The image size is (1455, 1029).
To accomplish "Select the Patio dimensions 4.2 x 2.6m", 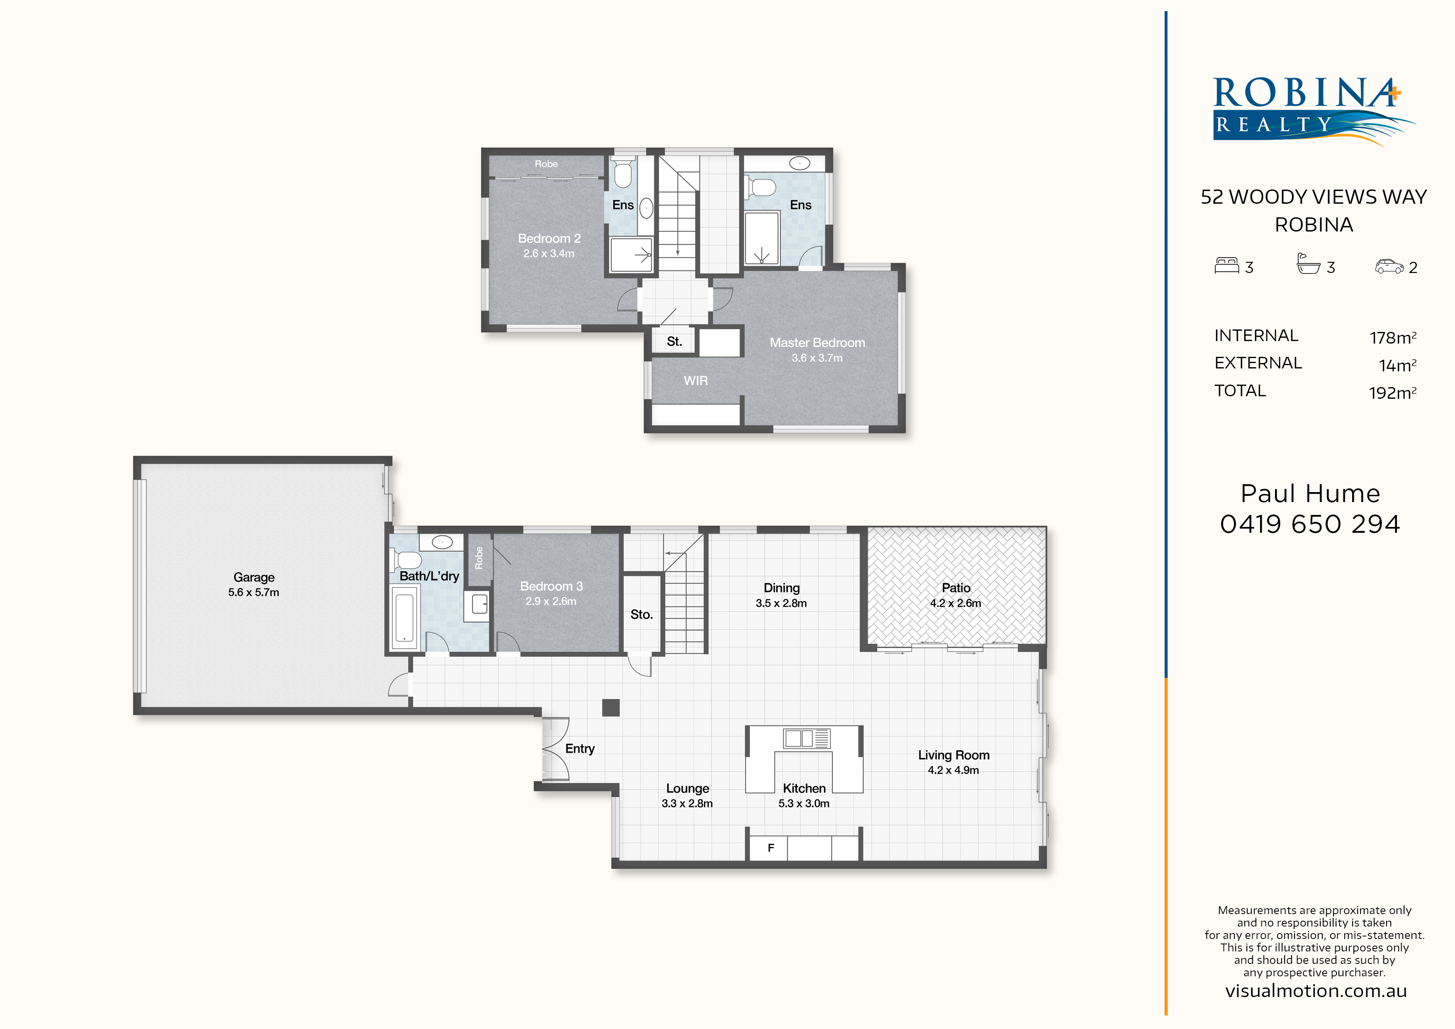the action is [955, 603].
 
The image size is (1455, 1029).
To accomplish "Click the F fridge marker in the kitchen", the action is [771, 848].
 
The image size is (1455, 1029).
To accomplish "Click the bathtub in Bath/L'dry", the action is [404, 617].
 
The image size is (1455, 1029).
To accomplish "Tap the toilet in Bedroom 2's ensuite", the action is [623, 173].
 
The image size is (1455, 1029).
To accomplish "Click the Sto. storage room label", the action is [641, 614].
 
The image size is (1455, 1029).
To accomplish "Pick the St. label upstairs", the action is [674, 342].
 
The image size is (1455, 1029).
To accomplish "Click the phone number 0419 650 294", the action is [1310, 524].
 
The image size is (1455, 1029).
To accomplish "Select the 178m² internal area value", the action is [1393, 337].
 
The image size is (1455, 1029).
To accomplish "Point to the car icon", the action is [1389, 266].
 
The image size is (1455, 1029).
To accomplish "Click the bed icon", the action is [1226, 265].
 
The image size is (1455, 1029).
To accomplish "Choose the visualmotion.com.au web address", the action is [1316, 991].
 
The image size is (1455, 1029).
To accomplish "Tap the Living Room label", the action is [953, 755].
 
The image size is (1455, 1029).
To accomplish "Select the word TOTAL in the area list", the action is [1240, 390].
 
